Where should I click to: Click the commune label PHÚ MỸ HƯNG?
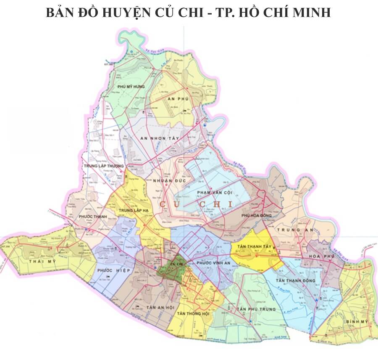click(131, 86)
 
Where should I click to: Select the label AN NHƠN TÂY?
click(160, 138)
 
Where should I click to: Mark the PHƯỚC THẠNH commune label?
click(93, 217)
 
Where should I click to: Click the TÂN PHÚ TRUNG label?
click(256, 309)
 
